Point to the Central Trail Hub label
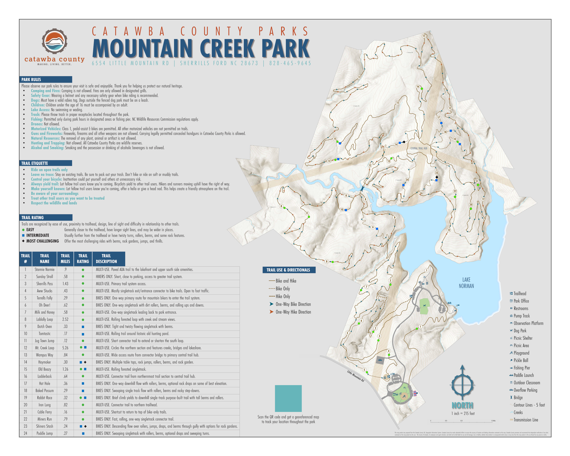pyautogui.click(x=419, y=148)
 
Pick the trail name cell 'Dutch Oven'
pyautogui.click(x=44, y=326)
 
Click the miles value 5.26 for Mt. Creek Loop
pyautogui.click(x=65, y=348)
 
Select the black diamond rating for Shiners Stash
pyautogui.click(x=85, y=426)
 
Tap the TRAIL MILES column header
pyautogui.click(x=65, y=259)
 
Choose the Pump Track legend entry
pyautogui.click(x=521, y=316)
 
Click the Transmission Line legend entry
pyautogui.click(x=526, y=420)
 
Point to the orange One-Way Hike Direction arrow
pyautogui.click(x=271, y=312)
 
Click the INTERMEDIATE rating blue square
pyautogui.click(x=23, y=235)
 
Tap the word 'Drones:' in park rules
pyautogui.click(x=37, y=124)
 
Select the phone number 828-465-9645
pyautogui.click(x=290, y=63)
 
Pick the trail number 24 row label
pyautogui.click(x=25, y=433)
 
